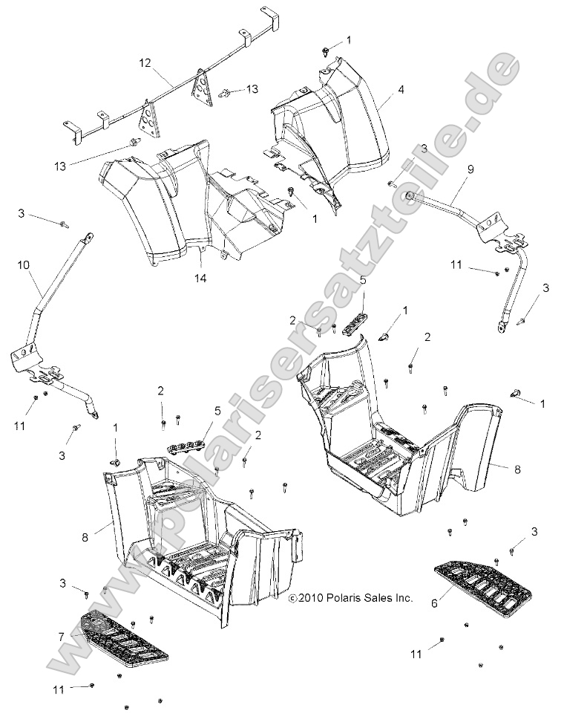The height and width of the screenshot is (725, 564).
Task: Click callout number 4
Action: pyautogui.click(x=380, y=89)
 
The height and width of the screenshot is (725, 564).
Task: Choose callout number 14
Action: pyautogui.click(x=200, y=279)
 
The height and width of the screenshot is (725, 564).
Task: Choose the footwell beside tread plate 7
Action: pyautogui.click(x=200, y=535)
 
